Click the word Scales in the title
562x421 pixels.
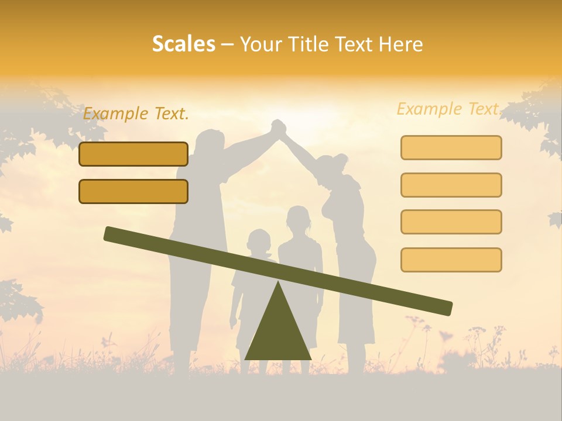click(183, 44)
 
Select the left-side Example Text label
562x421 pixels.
click(136, 114)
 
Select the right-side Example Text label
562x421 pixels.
click(448, 109)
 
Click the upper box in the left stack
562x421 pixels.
click(133, 154)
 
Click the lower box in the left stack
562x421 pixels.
click(133, 191)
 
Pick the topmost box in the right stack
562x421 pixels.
click(451, 147)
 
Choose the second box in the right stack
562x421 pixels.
click(451, 185)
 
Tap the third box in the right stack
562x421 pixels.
click(451, 222)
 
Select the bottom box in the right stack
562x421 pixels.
click(451, 260)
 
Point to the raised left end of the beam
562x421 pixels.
click(111, 234)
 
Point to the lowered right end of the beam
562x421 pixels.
click(445, 308)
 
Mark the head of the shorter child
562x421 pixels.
click(259, 241)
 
